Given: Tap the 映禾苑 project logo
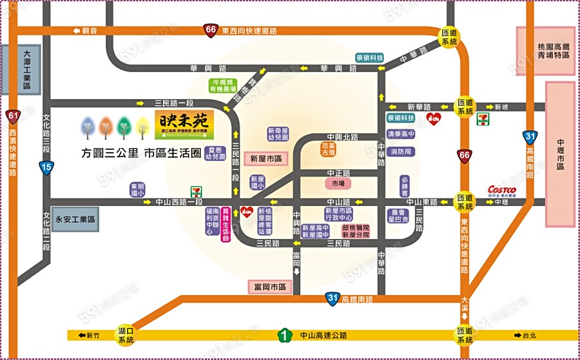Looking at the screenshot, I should click(184, 124).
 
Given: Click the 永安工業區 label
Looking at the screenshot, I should click(75, 219).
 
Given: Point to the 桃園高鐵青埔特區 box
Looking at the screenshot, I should click(546, 52).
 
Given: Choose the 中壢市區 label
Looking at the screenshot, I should click(560, 154).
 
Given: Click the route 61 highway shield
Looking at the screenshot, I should click(13, 116).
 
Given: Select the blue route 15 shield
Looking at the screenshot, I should click(45, 167).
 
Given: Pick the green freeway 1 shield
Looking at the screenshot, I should click(282, 335).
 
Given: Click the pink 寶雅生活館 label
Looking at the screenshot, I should click(226, 224).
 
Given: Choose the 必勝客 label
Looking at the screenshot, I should click(405, 186).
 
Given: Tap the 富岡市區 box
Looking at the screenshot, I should click(269, 286).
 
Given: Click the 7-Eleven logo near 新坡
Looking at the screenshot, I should click(481, 121).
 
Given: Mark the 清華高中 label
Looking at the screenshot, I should click(400, 135).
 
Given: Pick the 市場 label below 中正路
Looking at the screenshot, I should click(338, 184).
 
